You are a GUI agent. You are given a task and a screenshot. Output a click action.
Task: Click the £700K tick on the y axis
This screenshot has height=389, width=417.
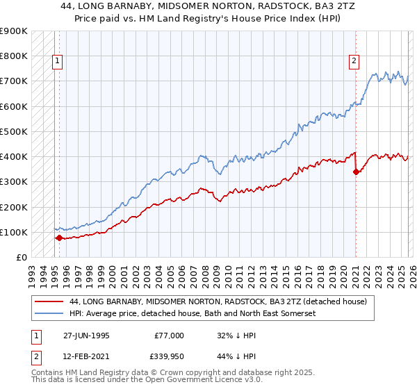15,81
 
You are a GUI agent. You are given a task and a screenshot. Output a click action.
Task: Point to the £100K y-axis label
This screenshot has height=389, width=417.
15,232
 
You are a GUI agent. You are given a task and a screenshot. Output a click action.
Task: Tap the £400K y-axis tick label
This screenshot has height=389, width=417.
15,157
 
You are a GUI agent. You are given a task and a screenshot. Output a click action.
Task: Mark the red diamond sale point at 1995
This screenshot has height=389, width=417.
59,238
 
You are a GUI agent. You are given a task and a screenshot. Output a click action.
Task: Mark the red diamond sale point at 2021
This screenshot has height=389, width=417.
356,172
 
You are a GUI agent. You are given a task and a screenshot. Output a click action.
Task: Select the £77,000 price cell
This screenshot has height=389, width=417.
169,335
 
